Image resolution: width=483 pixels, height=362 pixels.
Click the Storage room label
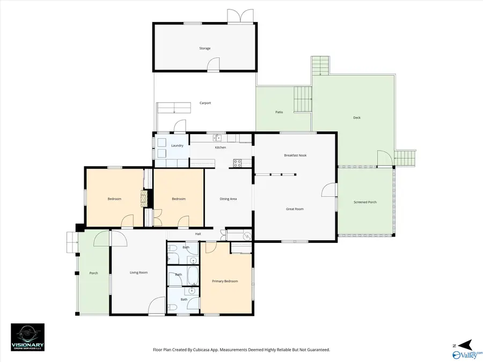coord(205,48)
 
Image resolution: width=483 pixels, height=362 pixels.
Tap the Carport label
coord(205,103)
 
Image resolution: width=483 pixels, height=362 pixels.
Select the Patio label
coord(279,112)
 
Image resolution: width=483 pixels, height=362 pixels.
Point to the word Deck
coord(357,117)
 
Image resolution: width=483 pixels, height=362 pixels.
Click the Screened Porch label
coord(365,202)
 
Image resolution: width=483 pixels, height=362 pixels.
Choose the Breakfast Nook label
coord(295,156)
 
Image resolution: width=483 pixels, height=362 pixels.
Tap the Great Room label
coord(295,209)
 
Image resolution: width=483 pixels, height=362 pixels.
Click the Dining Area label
coord(228,199)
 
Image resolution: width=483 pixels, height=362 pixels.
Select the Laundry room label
coord(177,146)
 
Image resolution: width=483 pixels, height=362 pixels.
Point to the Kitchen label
coord(221,147)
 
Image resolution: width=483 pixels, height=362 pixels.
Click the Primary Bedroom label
coord(224,281)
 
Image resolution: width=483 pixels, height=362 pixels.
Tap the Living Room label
coord(138,272)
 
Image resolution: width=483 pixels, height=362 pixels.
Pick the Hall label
coord(198,234)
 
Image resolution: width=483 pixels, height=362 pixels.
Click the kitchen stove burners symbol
coord(238,162)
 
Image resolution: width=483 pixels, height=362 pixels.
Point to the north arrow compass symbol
coord(464,344)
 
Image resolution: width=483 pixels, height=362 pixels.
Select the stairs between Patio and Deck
coord(302,99)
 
